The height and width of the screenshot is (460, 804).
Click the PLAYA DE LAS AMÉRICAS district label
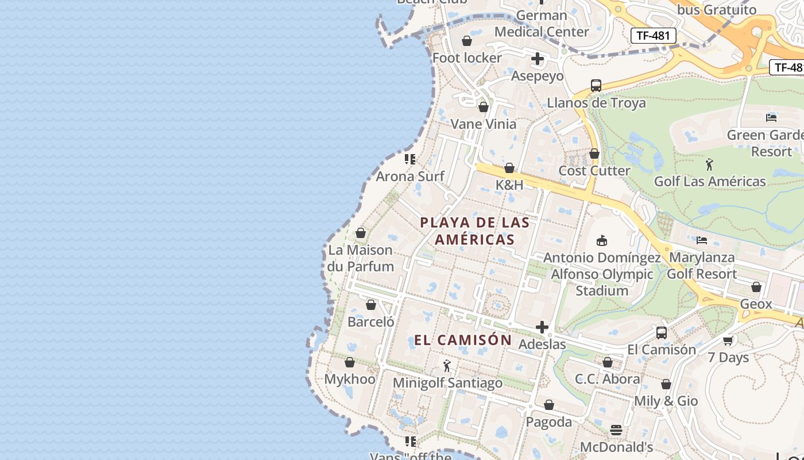(x=474, y=231)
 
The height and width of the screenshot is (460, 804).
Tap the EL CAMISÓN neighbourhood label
(x=463, y=340)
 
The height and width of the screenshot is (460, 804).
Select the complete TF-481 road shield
(x=654, y=36)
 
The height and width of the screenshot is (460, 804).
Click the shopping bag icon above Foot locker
(x=467, y=41)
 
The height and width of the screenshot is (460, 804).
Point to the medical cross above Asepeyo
(x=538, y=59)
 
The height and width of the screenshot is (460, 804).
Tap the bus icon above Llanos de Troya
(x=596, y=86)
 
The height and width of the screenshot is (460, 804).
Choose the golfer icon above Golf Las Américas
(x=710, y=164)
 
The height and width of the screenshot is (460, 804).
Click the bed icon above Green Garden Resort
(x=771, y=118)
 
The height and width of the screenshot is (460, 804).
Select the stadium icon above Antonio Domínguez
(x=602, y=240)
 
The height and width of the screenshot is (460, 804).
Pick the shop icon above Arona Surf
(x=410, y=159)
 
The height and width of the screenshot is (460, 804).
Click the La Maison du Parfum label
(x=361, y=258)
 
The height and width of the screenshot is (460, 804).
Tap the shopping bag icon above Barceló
(x=371, y=305)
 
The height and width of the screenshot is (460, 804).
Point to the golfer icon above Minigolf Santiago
(x=447, y=366)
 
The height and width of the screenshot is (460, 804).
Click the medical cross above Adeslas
(x=542, y=328)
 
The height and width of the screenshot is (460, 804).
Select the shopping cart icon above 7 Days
(x=728, y=340)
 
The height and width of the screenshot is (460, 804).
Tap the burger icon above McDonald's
(x=616, y=430)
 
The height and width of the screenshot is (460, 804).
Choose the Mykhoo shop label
(x=350, y=379)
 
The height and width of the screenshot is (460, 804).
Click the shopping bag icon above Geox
(x=756, y=287)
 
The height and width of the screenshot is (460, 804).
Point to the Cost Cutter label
(x=594, y=171)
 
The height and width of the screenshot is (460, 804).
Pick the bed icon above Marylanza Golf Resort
(x=702, y=240)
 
